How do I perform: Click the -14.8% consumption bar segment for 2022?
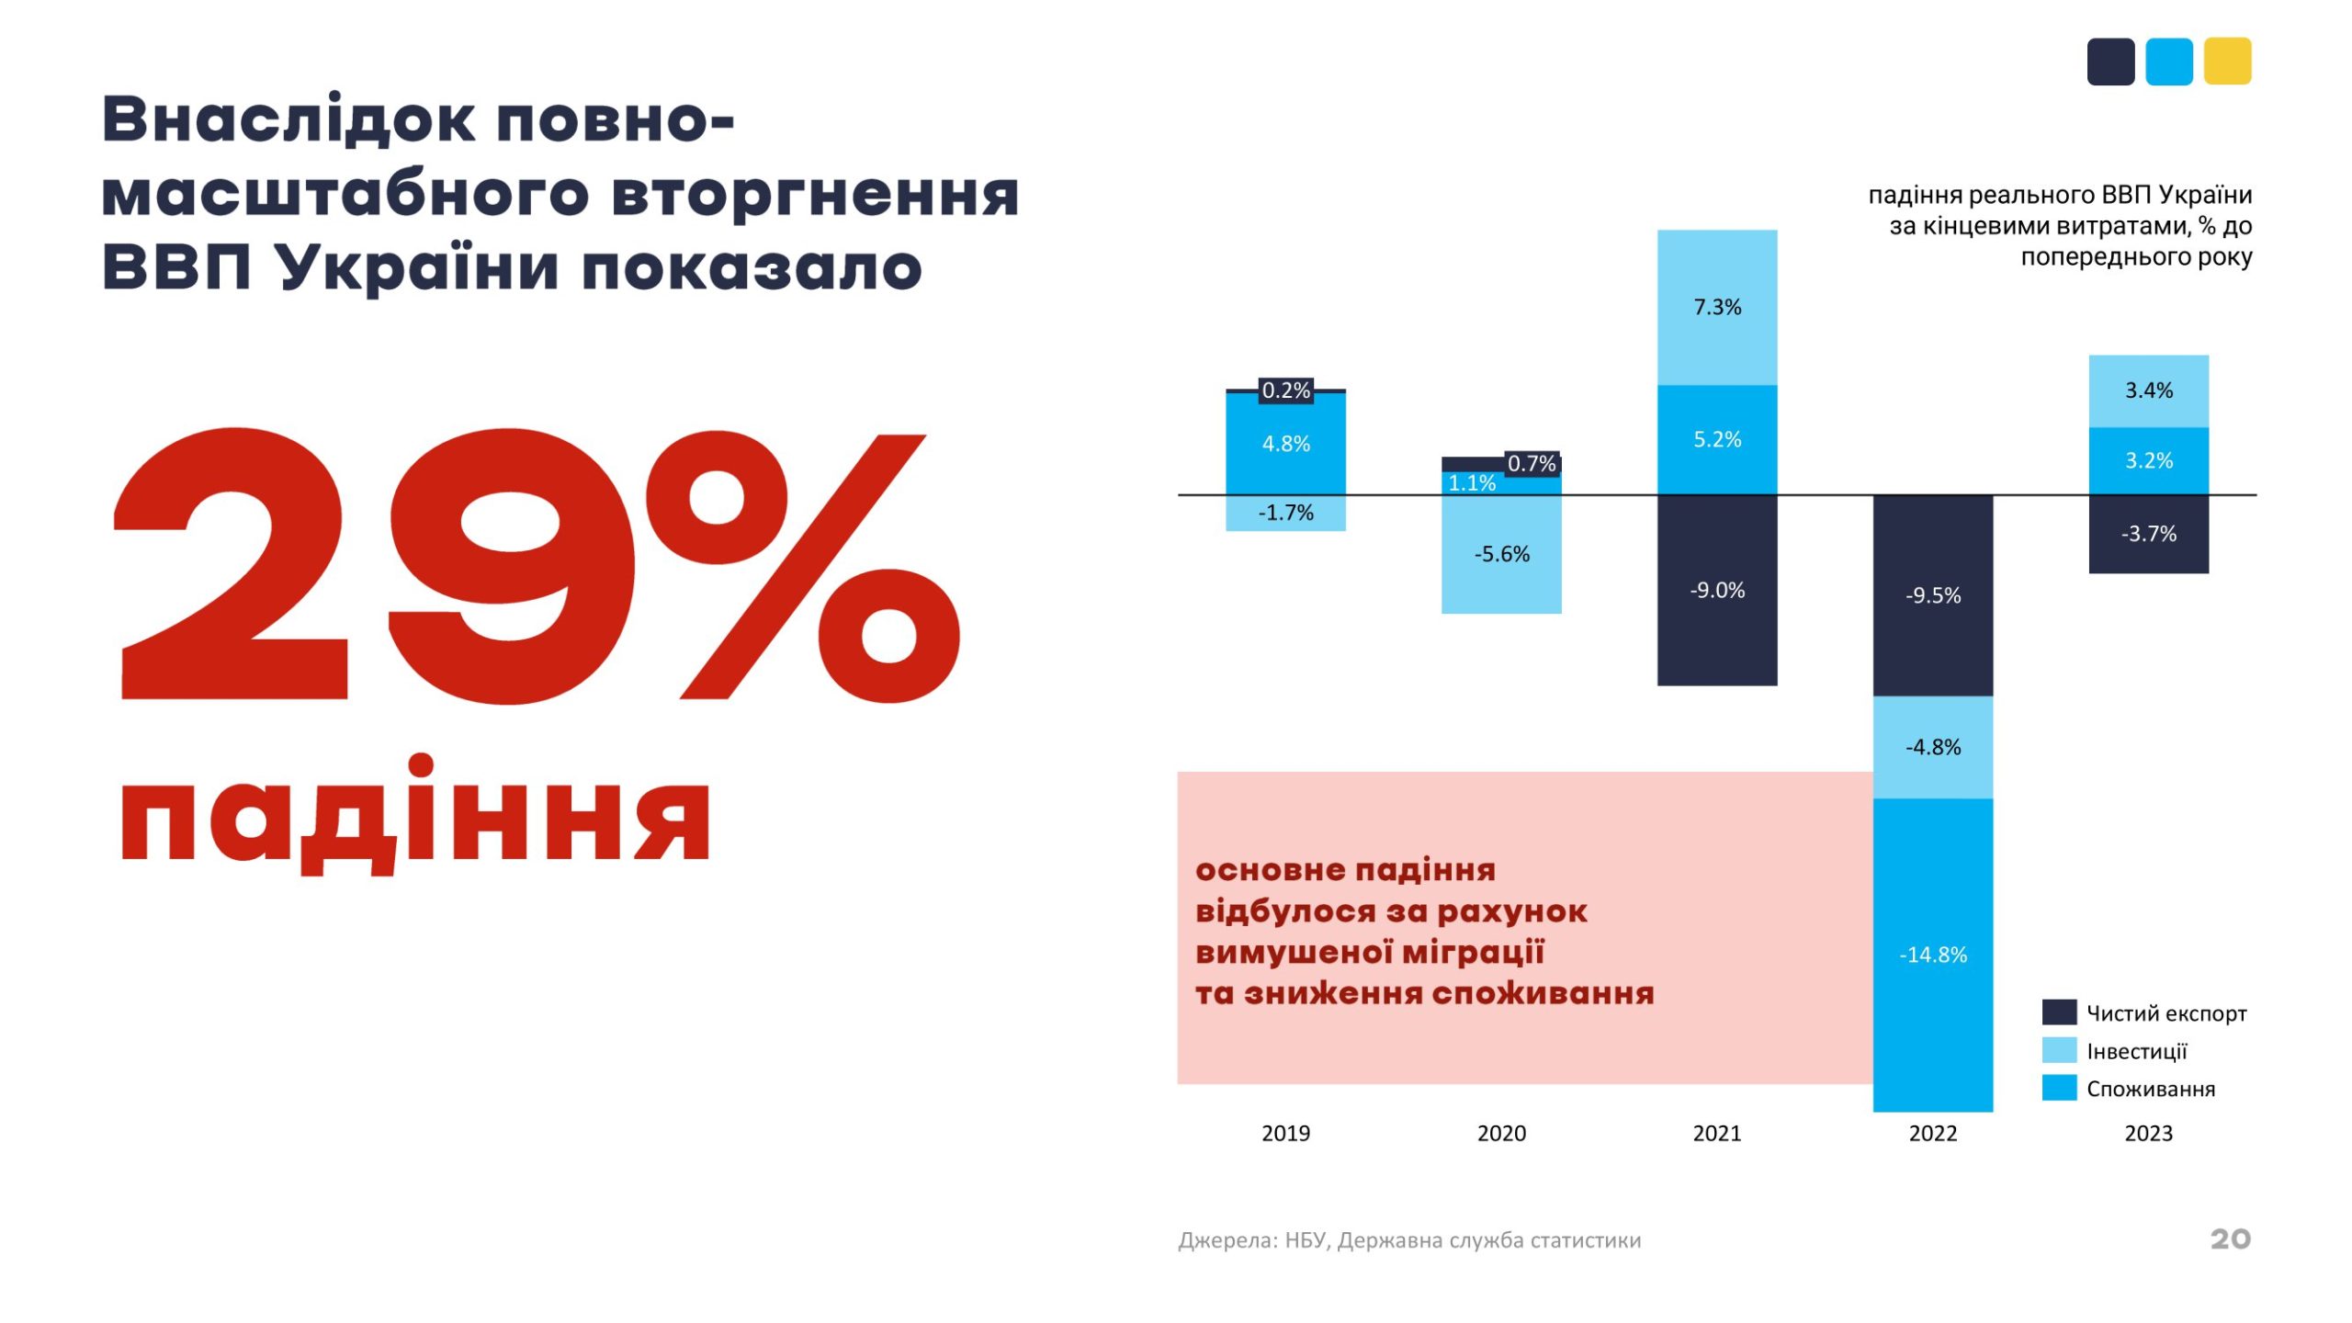point(1932,955)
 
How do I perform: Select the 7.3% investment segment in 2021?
point(1716,307)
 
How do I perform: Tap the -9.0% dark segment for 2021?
point(1716,590)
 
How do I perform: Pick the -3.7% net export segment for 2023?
point(2148,534)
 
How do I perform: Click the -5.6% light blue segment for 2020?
point(1501,554)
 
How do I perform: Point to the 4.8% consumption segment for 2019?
point(1285,444)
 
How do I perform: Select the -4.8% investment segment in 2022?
point(1932,747)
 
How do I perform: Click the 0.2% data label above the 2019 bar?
point(1285,390)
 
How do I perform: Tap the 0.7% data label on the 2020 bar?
point(1532,464)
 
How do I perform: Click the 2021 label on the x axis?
point(1716,1133)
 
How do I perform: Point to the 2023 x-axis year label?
point(2148,1133)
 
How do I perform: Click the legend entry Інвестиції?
point(2136,1051)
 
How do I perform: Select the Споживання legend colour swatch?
point(2059,1088)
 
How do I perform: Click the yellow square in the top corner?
point(2227,62)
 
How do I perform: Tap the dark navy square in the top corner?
point(2110,62)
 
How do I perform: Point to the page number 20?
point(2230,1238)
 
